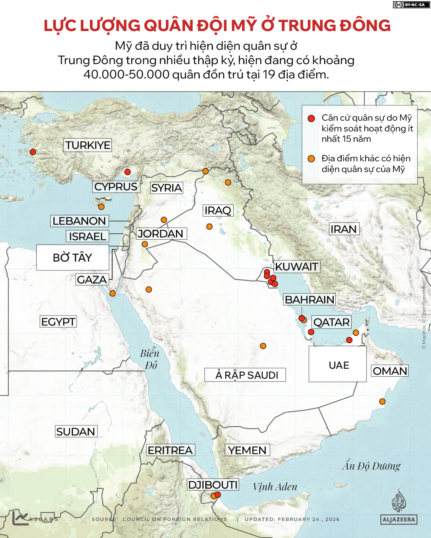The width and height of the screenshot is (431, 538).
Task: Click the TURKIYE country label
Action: [88, 145]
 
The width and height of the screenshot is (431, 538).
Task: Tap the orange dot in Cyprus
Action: [101, 207]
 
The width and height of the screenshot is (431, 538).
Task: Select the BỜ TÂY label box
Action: [73, 258]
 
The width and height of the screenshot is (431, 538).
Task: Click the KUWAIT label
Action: [297, 267]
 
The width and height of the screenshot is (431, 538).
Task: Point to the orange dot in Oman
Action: [382, 401]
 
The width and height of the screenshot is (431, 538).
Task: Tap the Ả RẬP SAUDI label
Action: [245, 375]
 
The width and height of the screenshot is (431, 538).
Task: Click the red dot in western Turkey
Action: [33, 152]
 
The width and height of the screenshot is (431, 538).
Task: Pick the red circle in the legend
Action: [311, 118]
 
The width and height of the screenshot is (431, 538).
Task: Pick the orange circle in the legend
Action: [311, 158]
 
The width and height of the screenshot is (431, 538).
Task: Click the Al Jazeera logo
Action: [399, 508]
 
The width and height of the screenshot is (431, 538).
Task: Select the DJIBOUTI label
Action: [213, 485]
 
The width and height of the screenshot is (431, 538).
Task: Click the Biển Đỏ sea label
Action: [150, 359]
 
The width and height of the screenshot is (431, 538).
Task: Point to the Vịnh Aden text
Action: [275, 487]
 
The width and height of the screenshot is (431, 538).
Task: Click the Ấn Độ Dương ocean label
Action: [371, 466]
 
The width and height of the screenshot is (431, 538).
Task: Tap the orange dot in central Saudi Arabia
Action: [263, 346]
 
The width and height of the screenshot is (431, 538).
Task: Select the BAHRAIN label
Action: [309, 300]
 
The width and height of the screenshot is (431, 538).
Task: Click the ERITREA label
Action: [170, 450]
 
